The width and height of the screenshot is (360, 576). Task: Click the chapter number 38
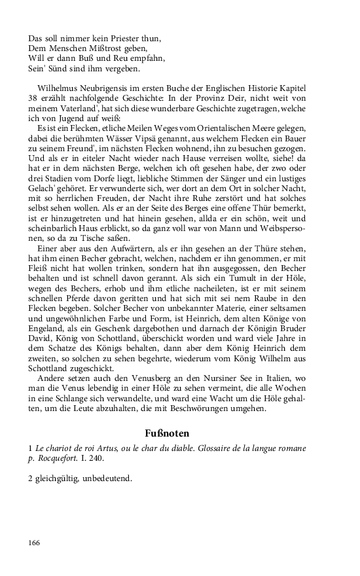pos(35,98)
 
